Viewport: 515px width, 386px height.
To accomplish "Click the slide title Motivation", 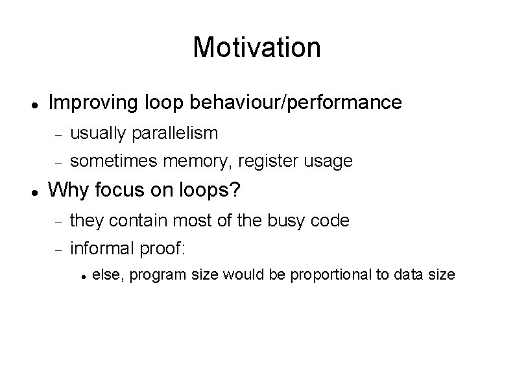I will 257,47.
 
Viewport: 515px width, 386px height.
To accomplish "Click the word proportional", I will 334,276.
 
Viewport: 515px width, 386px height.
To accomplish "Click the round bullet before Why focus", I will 33,191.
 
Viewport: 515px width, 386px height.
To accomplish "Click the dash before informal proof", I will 57,249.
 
